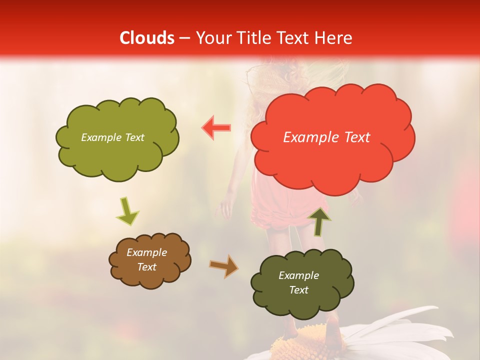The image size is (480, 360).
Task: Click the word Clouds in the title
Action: coord(147,38)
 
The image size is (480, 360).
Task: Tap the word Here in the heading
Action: coord(334,38)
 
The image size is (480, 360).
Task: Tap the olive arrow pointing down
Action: coord(127,211)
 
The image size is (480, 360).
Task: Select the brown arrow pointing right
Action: coord(223,266)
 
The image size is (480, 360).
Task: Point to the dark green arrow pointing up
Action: coord(319,221)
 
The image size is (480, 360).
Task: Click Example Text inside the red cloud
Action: coord(326,137)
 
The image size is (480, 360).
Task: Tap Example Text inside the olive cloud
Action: coord(112,137)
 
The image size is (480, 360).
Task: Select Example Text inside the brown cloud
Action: coord(146,260)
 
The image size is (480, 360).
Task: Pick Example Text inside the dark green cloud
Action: coord(298,282)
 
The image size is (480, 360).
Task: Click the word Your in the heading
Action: coord(213,38)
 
